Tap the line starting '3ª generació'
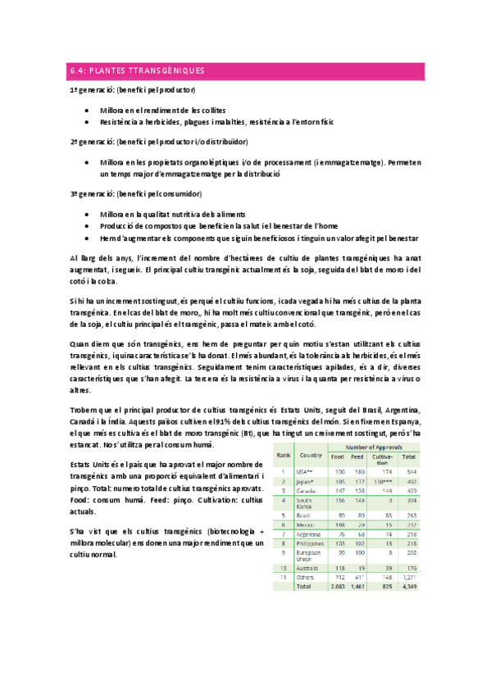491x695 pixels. click(136, 193)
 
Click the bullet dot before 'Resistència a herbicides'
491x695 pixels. click(88, 121)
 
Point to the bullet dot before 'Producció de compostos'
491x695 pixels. click(88, 225)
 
